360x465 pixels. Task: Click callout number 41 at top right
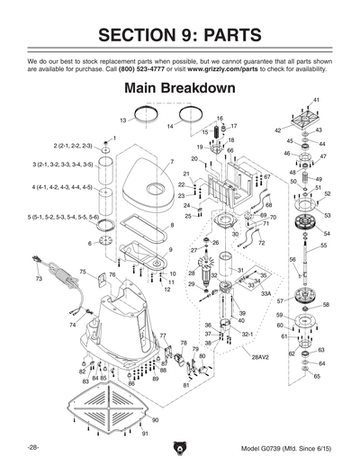pyautogui.click(x=317, y=99)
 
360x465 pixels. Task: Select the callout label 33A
pyautogui.click(x=265, y=292)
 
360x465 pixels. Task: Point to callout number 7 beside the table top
pyautogui.click(x=170, y=162)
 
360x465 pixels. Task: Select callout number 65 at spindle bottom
pyautogui.click(x=317, y=376)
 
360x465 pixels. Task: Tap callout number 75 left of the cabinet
pyautogui.click(x=82, y=271)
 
